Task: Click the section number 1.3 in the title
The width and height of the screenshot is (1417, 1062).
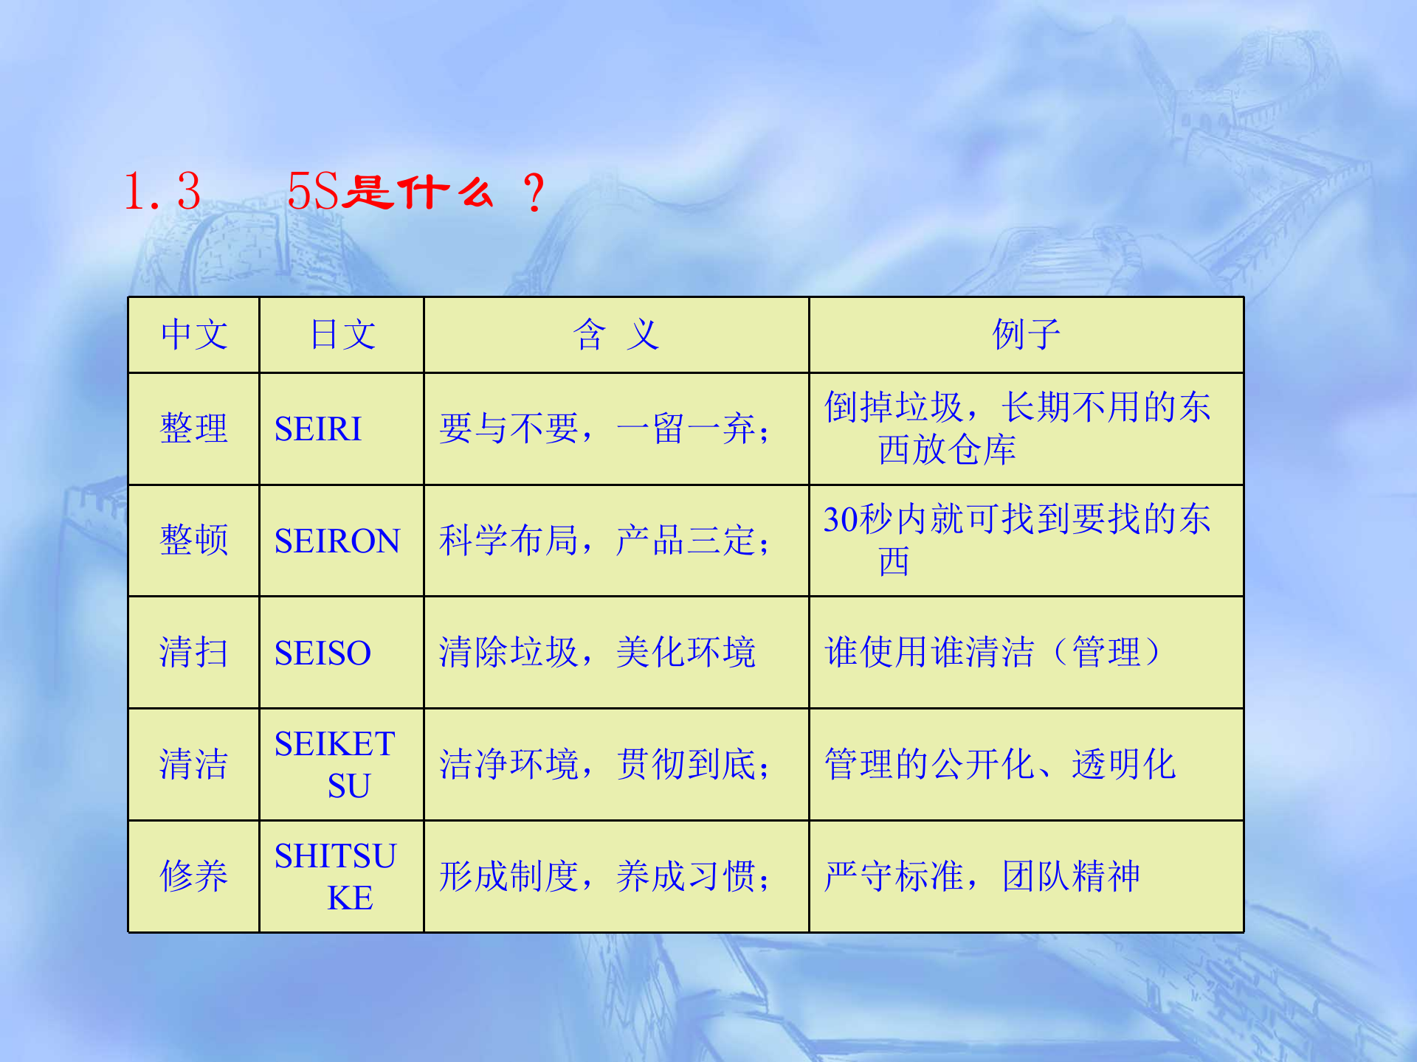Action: tap(162, 192)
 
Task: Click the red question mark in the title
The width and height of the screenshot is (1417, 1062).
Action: tap(533, 193)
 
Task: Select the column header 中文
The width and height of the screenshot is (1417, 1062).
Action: tap(194, 335)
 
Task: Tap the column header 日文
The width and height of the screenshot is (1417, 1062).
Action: tap(342, 335)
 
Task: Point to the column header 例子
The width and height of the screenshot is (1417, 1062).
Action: tap(1026, 335)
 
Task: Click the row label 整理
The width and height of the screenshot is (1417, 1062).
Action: tap(194, 429)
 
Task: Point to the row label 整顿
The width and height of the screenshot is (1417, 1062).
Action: tap(194, 541)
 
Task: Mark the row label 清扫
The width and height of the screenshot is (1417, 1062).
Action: tap(194, 653)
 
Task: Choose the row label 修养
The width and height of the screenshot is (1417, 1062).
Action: tap(194, 876)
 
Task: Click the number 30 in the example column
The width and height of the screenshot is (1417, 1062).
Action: tap(841, 520)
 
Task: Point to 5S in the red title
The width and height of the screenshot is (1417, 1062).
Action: tap(313, 192)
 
